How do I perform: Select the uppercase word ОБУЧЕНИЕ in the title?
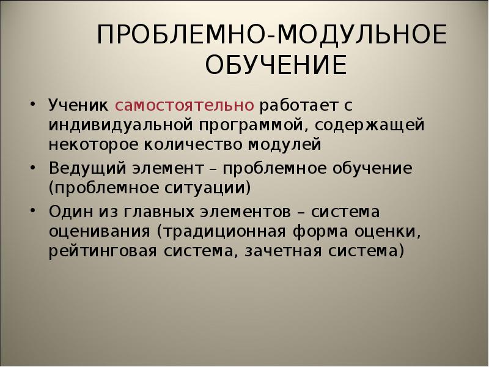tap(275, 64)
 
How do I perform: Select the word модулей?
tap(284, 144)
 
